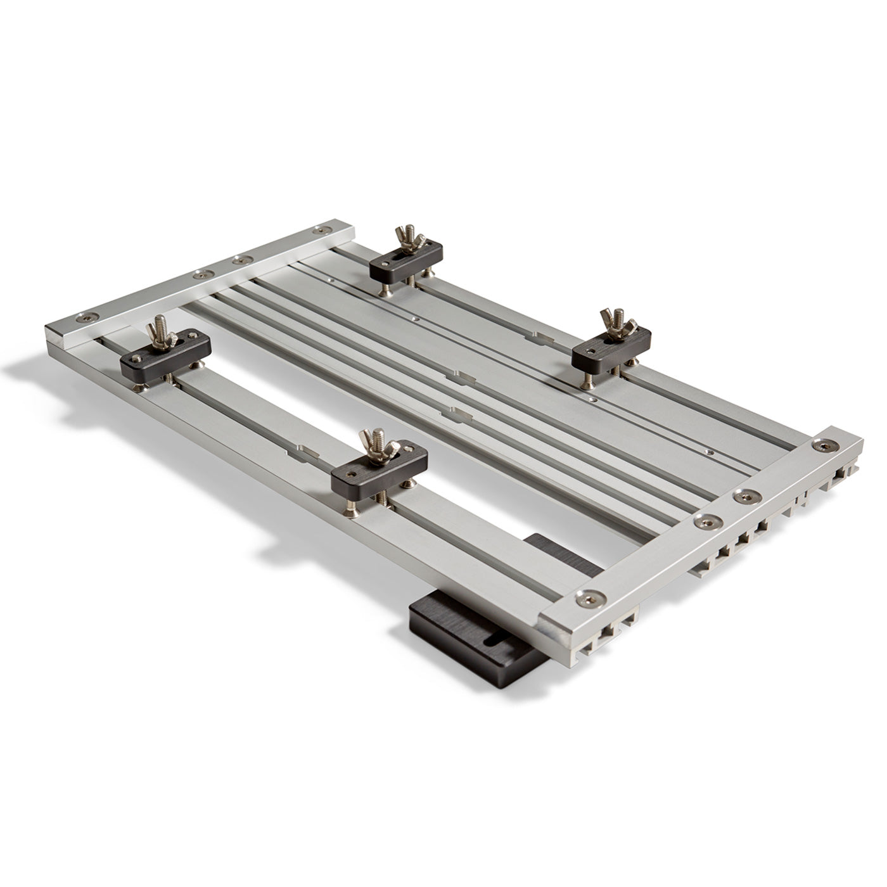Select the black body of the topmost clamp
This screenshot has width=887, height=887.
(x=406, y=264)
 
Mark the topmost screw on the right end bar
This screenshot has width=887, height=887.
(x=823, y=446)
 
